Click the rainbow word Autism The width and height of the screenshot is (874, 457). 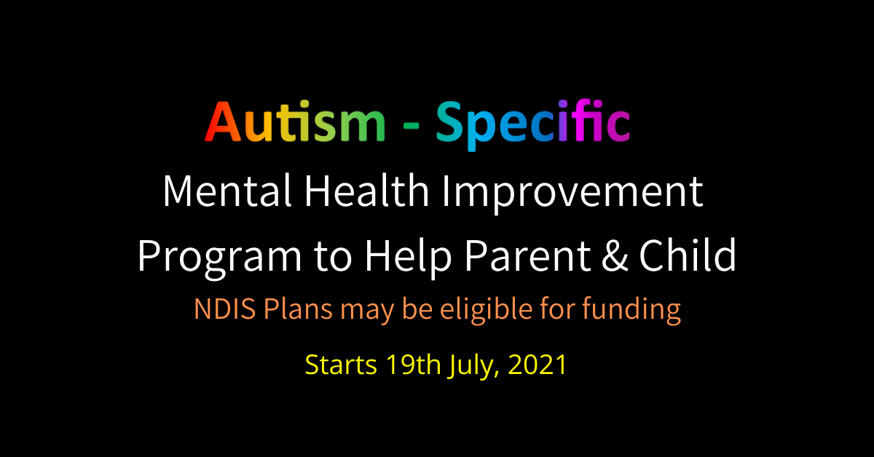coord(295,122)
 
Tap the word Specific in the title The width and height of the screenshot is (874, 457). coord(533,124)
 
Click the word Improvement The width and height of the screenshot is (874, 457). coord(572,194)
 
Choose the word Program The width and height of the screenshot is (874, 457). coord(220,258)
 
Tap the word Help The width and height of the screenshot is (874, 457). coord(408,258)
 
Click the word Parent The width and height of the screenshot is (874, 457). coord(527,256)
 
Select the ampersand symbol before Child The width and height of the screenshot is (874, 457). coord(615,256)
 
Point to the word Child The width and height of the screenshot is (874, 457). coord(688,255)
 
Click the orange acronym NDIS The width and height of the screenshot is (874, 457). coord(225,309)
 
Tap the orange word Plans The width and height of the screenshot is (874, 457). coord(298,309)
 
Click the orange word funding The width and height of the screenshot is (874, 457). coord(631,311)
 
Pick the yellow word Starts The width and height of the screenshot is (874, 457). coord(341,365)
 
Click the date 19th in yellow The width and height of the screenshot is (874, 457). coord(413,364)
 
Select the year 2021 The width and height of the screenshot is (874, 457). coord(538,365)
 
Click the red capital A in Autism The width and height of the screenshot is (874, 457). coord(223,122)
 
